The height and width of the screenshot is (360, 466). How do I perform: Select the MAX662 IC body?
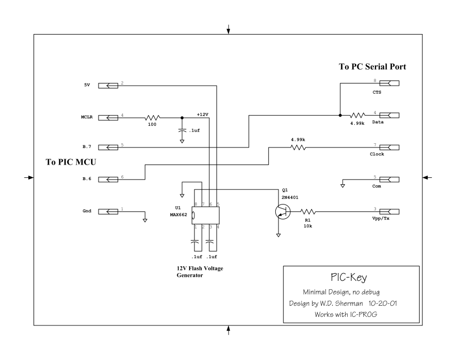pyautogui.click(x=206, y=215)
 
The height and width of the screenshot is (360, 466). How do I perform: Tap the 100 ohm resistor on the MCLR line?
pyautogui.click(x=153, y=118)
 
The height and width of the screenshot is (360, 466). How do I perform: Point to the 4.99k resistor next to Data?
pyautogui.click(x=357, y=115)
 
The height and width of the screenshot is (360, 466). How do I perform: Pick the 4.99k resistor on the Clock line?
pyautogui.click(x=298, y=148)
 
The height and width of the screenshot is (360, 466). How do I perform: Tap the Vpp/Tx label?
pyautogui.click(x=381, y=219)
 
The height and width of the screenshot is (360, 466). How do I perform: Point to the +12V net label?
pyautogui.click(x=203, y=114)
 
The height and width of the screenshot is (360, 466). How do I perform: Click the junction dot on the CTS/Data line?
pyautogui.click(x=340, y=115)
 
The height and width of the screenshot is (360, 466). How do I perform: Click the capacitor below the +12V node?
pyautogui.click(x=183, y=129)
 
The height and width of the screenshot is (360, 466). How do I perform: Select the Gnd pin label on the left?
pyautogui.click(x=86, y=211)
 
